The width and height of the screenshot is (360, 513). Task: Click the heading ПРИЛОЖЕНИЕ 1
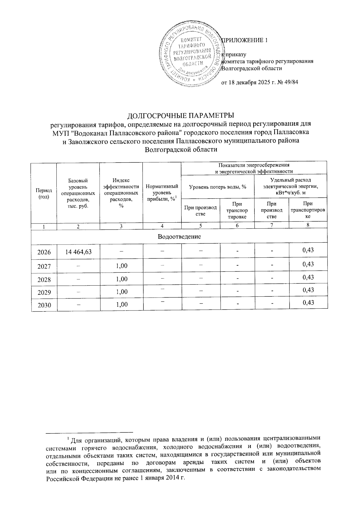point(244,40)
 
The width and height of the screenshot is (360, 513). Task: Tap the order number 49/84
point(291,82)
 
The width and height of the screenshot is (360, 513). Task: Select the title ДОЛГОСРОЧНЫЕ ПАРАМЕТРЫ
point(181,116)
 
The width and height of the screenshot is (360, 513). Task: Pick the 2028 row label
point(44,279)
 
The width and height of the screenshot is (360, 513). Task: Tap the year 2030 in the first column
point(44,305)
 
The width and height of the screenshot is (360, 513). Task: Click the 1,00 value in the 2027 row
point(121,266)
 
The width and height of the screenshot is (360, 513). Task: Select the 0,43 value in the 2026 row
point(308,250)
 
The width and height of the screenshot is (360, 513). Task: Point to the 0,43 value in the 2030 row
point(308,302)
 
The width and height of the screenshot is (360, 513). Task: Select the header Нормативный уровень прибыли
point(162,193)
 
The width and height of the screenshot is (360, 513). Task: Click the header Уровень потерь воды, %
point(218,187)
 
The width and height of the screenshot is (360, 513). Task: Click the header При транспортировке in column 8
point(308,210)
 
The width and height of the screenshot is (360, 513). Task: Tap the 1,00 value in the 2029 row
point(121,292)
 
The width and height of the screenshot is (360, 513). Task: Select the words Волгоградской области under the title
point(181,149)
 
